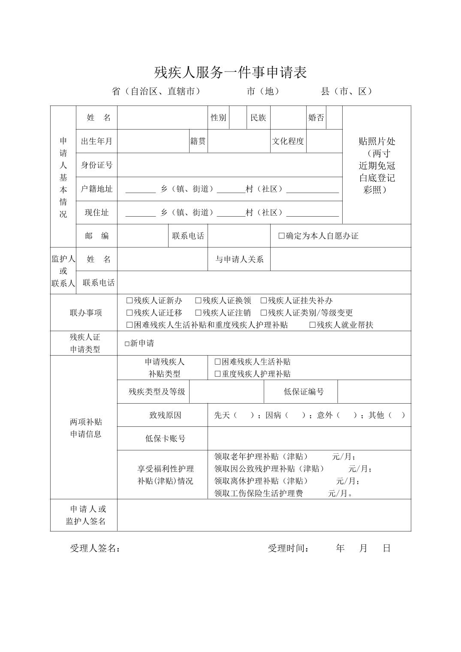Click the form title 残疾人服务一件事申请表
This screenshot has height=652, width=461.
(230, 72)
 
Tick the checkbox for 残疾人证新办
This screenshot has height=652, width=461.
(130, 301)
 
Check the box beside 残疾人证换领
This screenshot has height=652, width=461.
(198, 301)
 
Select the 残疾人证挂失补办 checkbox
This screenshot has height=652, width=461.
(264, 301)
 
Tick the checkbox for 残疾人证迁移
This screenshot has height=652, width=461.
(130, 313)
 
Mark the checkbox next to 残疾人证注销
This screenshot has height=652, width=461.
(198, 313)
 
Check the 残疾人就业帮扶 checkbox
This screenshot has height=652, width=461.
(313, 325)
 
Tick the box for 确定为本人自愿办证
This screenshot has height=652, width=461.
(282, 236)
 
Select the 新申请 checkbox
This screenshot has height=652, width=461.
(127, 344)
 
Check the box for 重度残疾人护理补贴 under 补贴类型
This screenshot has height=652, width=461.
(217, 374)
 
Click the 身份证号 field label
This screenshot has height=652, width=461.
(96, 165)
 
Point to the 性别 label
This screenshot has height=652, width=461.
(218, 118)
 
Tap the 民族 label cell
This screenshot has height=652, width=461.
(258, 118)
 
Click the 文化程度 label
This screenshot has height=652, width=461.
(288, 141)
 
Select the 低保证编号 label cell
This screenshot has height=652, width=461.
(304, 392)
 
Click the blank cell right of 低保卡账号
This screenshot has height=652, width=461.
(309, 438)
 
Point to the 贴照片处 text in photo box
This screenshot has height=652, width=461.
(377, 141)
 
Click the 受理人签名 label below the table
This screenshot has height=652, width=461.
(95, 548)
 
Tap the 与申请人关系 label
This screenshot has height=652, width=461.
(239, 259)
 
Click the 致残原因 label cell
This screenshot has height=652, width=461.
(165, 415)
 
